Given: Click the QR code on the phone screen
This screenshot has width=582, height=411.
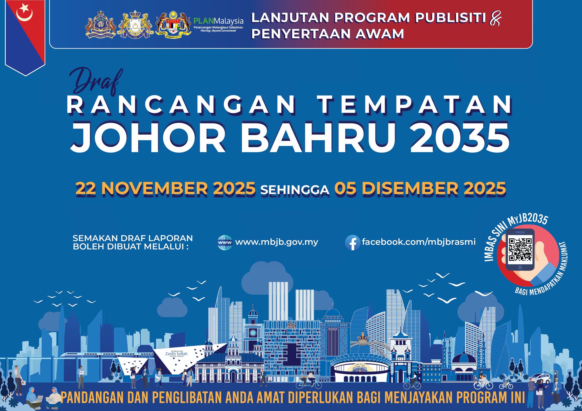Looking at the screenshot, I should point(520,249).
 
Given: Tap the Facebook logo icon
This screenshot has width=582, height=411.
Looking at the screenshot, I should point(352,243).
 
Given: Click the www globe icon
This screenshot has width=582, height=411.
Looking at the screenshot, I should point(225,243).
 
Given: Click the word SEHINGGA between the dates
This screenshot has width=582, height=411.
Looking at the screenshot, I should point(295,190).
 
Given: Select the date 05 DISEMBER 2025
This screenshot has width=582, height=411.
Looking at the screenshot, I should point(420,188).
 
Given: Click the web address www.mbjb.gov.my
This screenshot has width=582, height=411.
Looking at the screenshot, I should point(277,242).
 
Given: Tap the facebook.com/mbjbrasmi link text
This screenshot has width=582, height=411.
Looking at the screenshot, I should point(419,242).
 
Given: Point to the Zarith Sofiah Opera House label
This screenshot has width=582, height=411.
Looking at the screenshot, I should point(176,354).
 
